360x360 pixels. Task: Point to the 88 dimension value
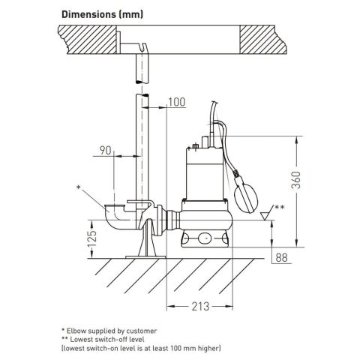tap(282, 259)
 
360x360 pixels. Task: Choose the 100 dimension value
tap(177, 102)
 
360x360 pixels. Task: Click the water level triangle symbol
tap(265, 216)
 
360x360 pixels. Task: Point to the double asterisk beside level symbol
tap(280, 206)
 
